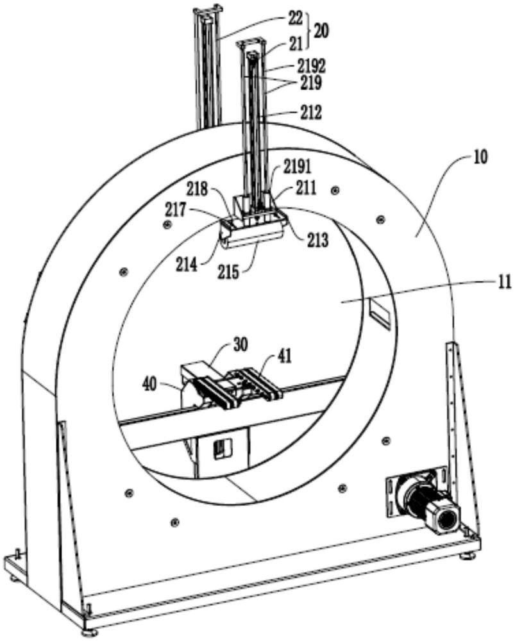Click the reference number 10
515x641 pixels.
[480, 157]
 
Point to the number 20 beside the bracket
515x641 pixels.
[321, 31]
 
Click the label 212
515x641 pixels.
[309, 112]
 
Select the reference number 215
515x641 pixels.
[228, 271]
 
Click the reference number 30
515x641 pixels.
[240, 345]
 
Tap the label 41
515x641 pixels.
[285, 356]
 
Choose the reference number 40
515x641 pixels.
[149, 384]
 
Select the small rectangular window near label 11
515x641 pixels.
[380, 313]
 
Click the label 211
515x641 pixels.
[305, 189]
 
